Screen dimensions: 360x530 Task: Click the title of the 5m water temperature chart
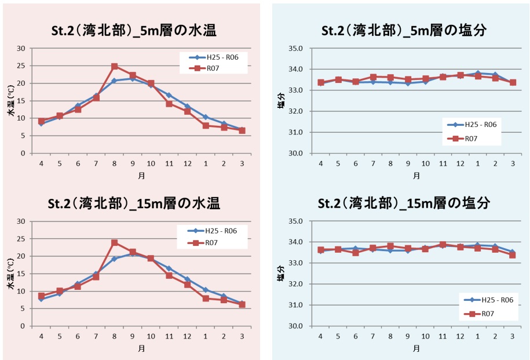[x=133, y=31]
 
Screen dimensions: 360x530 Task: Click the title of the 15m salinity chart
[x=404, y=203]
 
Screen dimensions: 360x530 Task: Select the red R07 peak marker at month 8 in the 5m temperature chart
[x=115, y=67]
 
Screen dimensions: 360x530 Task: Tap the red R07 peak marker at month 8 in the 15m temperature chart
[x=115, y=242]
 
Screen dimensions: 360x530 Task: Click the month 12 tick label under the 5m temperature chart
[x=187, y=164]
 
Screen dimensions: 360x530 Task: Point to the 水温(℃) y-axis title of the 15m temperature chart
[x=10, y=274]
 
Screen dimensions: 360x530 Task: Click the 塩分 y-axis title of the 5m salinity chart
[x=281, y=101]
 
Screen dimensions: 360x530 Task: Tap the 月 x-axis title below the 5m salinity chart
[x=416, y=176]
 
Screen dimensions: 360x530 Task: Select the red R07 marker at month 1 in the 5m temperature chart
[x=206, y=125]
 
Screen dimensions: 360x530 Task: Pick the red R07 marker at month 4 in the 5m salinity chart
[x=321, y=83]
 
